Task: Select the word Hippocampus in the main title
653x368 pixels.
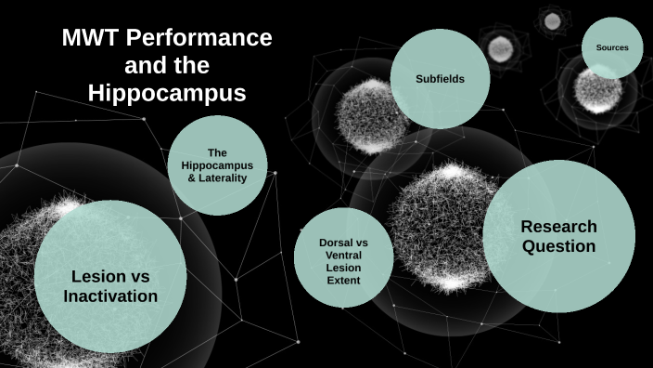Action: (167, 93)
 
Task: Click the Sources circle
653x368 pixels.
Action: (612, 47)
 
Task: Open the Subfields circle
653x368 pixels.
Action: (440, 78)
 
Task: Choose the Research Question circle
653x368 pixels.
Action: (558, 236)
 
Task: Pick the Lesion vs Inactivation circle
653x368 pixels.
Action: (110, 276)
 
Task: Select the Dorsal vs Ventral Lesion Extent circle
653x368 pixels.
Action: (343, 257)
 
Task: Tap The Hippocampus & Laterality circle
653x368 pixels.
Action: (217, 165)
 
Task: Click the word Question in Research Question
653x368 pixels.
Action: (558, 246)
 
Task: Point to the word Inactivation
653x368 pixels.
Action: (110, 296)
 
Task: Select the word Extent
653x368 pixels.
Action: (343, 280)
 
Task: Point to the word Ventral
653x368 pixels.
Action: (343, 255)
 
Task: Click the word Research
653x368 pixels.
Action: (558, 226)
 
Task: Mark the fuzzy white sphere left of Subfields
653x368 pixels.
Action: (372, 116)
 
